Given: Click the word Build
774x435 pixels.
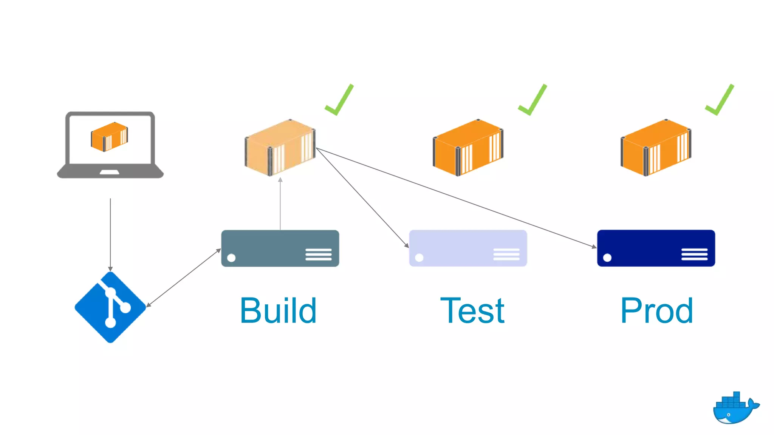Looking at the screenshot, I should pos(278,311).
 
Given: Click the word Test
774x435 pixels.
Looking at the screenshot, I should pos(472,311).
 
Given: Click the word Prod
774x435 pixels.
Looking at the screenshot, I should pos(656,311).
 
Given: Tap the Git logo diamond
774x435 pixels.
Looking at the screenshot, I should pos(110,307).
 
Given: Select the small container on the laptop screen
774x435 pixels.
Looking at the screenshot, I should pos(109,137).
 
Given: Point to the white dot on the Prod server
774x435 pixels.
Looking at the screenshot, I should pos(607,258).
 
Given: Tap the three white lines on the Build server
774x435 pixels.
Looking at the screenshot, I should pos(318,254).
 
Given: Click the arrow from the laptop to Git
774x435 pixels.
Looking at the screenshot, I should pos(110,234).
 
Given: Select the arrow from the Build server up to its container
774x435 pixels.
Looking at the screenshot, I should pos(280,204).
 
